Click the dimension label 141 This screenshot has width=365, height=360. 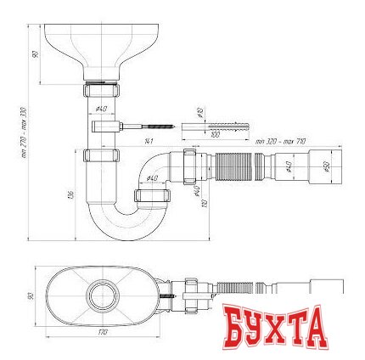pos(149,140)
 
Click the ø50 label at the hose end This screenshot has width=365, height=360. pos(328,167)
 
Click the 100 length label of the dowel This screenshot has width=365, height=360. pos(215,134)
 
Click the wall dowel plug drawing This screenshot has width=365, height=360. pos(216,124)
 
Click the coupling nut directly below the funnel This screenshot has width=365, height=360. pos(101,91)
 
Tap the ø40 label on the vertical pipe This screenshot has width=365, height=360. pos(101,109)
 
